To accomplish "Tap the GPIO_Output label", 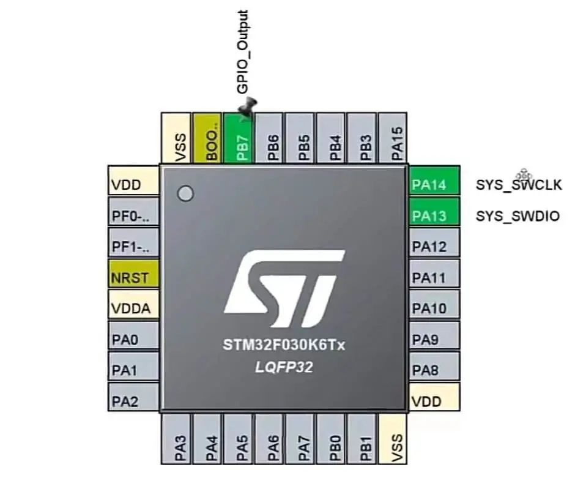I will tap(243, 52).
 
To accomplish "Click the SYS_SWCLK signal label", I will tap(518, 185).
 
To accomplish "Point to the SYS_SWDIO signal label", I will tap(517, 216).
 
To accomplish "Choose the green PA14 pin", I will tap(434, 184).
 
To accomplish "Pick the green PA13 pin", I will tap(434, 215).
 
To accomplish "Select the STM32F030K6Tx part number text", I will tap(284, 346).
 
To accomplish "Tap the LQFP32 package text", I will tap(284, 368).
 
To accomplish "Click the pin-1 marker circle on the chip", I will tap(185, 194).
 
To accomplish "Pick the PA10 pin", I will tap(434, 308).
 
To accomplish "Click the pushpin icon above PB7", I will tap(248, 108).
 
